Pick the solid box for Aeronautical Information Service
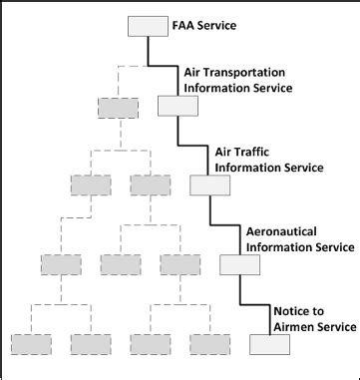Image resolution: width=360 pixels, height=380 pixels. [239, 264]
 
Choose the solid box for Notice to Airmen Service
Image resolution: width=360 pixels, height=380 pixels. [269, 344]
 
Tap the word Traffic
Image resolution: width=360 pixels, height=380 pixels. [253, 152]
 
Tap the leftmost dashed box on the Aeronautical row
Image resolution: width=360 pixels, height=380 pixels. [60, 264]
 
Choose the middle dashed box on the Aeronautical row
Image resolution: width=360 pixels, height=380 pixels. [120, 264]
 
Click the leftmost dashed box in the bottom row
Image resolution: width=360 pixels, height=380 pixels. [30, 344]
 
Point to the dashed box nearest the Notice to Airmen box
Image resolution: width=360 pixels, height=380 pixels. [209, 344]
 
